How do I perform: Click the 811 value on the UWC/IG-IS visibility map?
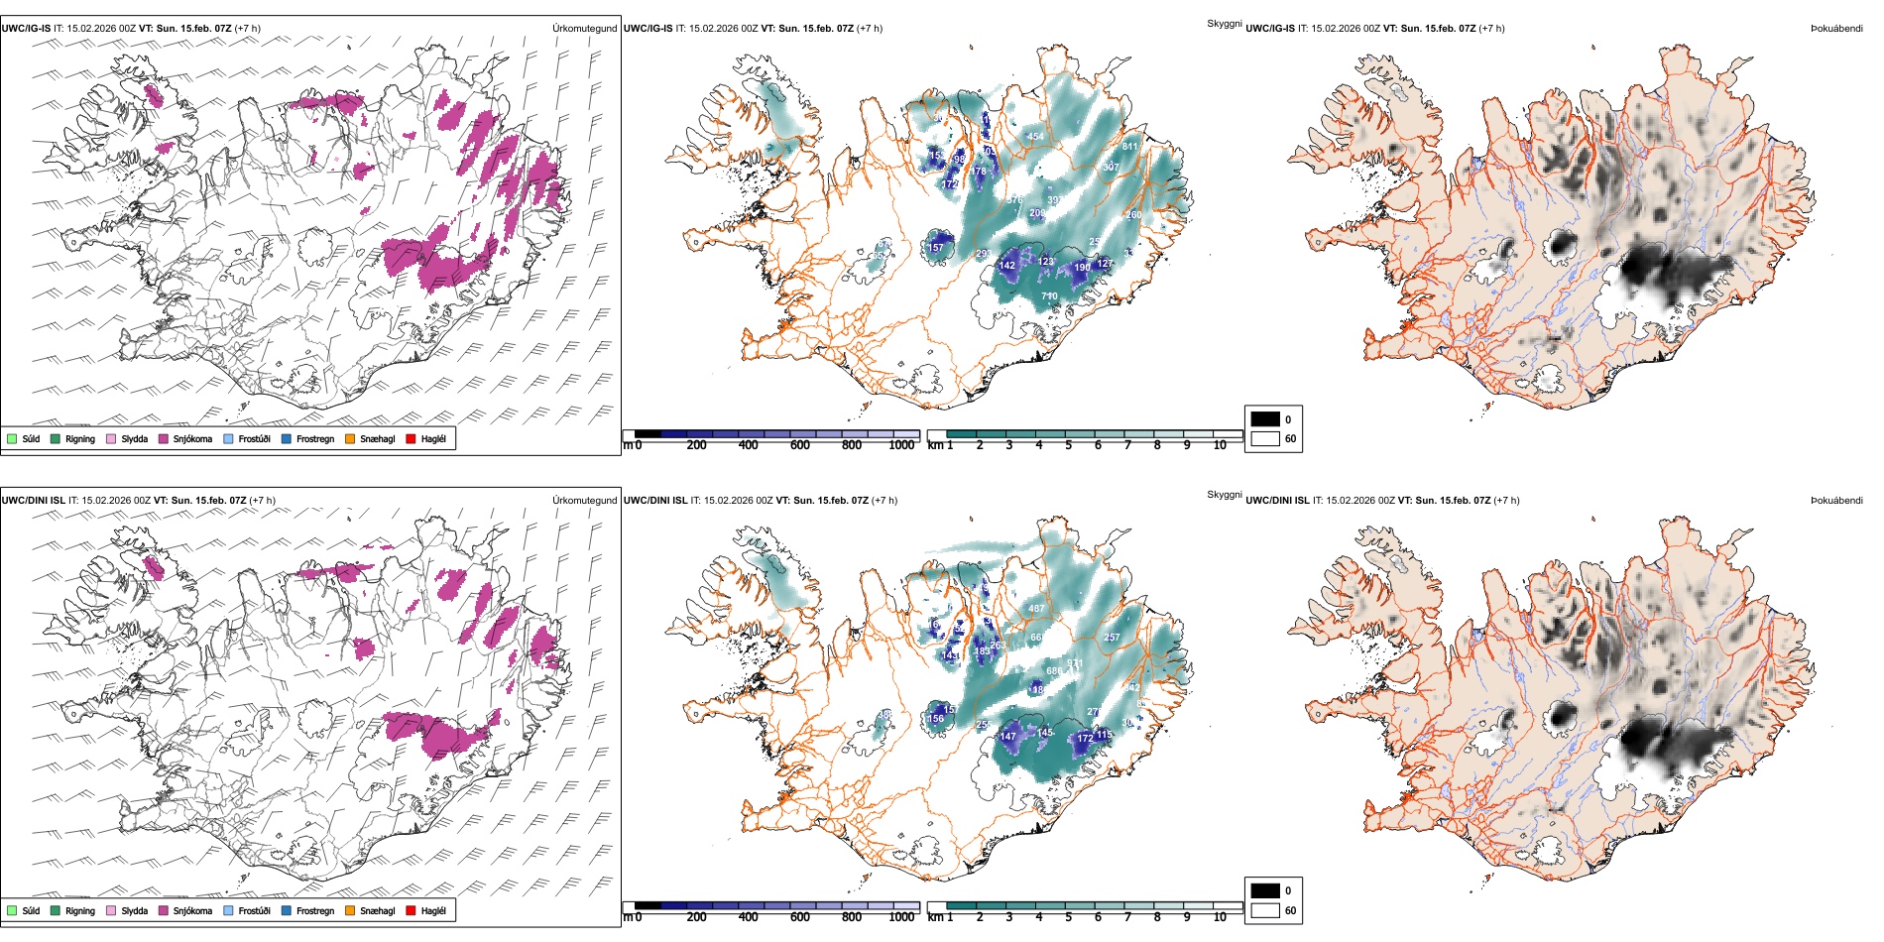1129,147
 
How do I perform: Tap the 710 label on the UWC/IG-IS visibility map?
1049,296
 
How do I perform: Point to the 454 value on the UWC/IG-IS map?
1035,138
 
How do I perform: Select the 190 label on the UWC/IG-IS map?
1083,268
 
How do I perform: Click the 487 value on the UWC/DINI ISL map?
1036,609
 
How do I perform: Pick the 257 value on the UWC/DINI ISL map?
1112,638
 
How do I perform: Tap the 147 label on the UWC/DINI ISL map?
1008,737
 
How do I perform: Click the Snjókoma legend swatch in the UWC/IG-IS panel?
163,439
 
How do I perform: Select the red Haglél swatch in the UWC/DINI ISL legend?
411,911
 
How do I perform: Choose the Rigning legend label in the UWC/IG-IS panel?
80,439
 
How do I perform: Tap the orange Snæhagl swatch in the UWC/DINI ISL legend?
350,911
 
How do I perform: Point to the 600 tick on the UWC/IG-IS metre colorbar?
799,446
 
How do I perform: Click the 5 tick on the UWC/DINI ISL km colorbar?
1068,918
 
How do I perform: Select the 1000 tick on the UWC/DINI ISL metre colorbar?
901,918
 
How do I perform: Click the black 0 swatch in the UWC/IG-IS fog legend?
1265,418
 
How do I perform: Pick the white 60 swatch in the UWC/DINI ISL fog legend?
1265,910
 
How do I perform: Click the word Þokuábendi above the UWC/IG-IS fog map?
1836,29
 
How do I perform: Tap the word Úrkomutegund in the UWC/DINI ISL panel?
584,501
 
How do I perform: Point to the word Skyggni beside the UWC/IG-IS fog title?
1225,24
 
